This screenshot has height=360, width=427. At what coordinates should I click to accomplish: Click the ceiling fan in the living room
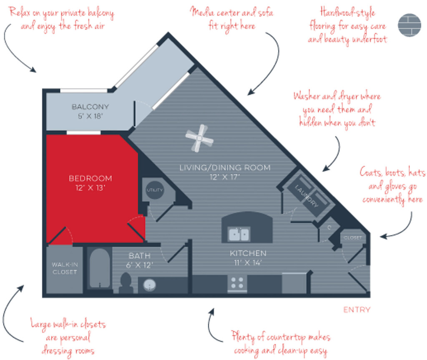pyautogui.click(x=199, y=138)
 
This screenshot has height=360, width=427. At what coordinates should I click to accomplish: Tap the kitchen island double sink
pyautogui.click(x=239, y=234)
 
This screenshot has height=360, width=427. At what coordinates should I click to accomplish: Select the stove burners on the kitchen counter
pyautogui.click(x=237, y=282)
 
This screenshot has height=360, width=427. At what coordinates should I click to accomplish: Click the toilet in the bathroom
pyautogui.click(x=126, y=283)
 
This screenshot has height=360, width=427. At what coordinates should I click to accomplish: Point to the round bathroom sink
pyautogui.click(x=150, y=285)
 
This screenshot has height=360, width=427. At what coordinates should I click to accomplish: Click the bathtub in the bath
pyautogui.click(x=100, y=268)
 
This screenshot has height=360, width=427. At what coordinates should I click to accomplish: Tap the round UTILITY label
pyautogui.click(x=155, y=190)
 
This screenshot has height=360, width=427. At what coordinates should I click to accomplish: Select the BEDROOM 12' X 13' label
pyautogui.click(x=90, y=183)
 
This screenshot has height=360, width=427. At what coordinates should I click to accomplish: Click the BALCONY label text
pyautogui.click(x=90, y=106)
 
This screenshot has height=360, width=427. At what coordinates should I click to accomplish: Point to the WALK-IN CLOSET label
pyautogui.click(x=65, y=268)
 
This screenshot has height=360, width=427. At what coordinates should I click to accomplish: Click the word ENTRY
pyautogui.click(x=357, y=310)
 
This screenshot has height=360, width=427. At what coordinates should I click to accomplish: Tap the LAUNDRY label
pyautogui.click(x=306, y=196)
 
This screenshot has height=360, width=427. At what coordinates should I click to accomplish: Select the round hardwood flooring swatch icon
pyautogui.click(x=409, y=25)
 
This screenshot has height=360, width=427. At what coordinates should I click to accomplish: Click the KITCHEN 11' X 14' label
pyautogui.click(x=248, y=258)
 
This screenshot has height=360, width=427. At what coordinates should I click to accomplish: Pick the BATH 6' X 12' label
pyautogui.click(x=139, y=260)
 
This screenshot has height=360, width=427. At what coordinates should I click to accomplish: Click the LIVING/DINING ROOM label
pyautogui.click(x=225, y=167)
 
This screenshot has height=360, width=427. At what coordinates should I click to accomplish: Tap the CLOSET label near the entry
pyautogui.click(x=353, y=238)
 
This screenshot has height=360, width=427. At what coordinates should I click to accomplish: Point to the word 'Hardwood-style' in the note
pyautogui.click(x=347, y=13)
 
